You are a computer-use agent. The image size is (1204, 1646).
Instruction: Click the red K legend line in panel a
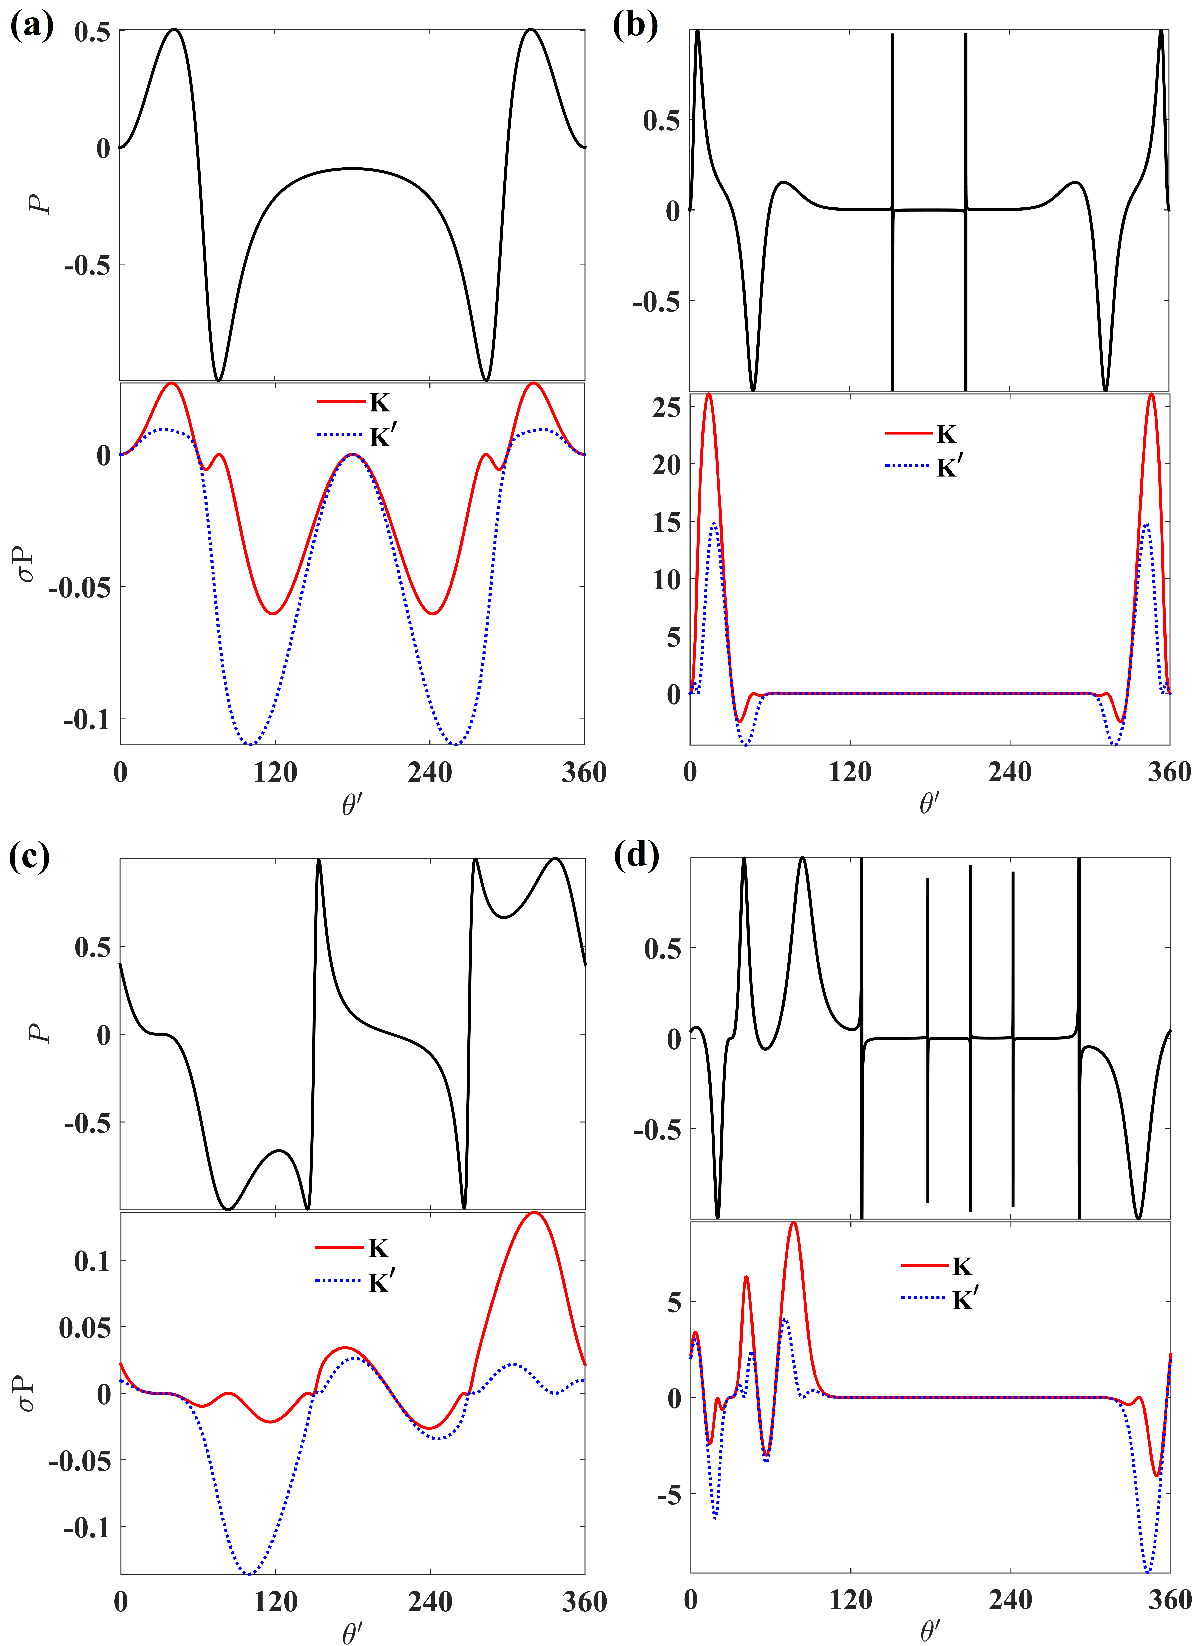pos(340,402)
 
